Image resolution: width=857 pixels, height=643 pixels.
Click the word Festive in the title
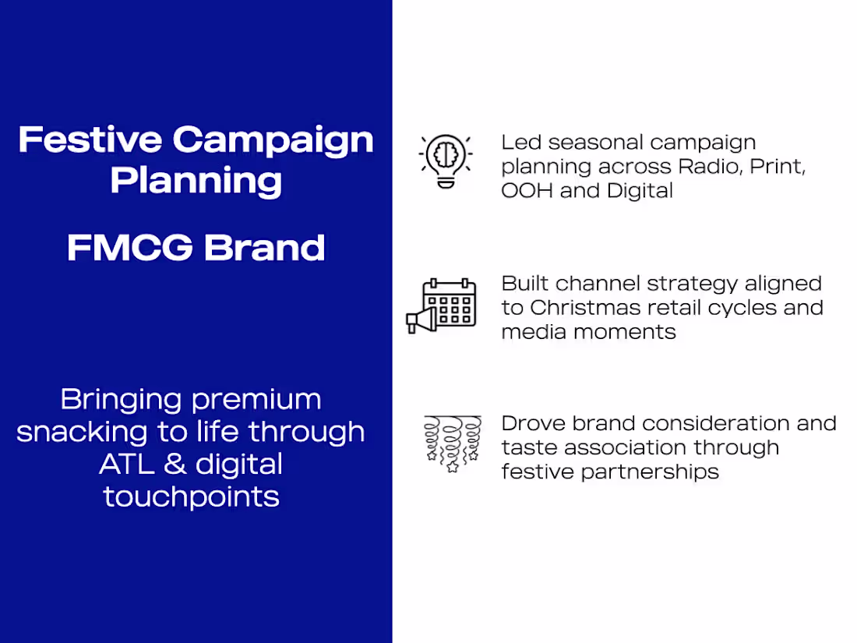tap(90, 140)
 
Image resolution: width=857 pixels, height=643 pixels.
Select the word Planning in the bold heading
tap(196, 181)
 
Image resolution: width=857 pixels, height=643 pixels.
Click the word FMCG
tap(129, 248)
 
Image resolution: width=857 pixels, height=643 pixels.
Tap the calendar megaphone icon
tap(441, 306)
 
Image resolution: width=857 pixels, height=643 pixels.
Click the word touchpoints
tap(191, 496)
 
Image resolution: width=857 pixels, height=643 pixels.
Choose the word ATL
tap(125, 465)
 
